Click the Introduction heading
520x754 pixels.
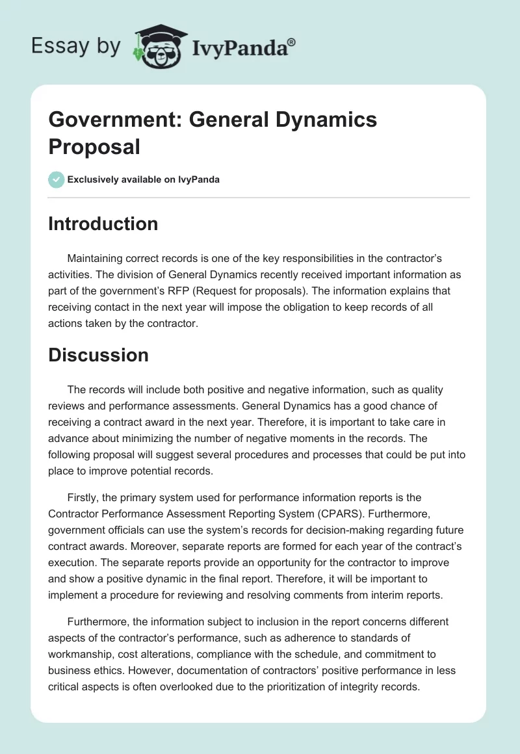pyautogui.click(x=103, y=224)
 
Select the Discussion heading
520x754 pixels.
pyautogui.click(x=98, y=355)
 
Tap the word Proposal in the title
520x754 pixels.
pyautogui.click(x=94, y=147)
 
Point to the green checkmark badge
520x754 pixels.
pyautogui.click(x=57, y=179)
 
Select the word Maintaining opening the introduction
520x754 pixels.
pyautogui.click(x=99, y=259)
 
